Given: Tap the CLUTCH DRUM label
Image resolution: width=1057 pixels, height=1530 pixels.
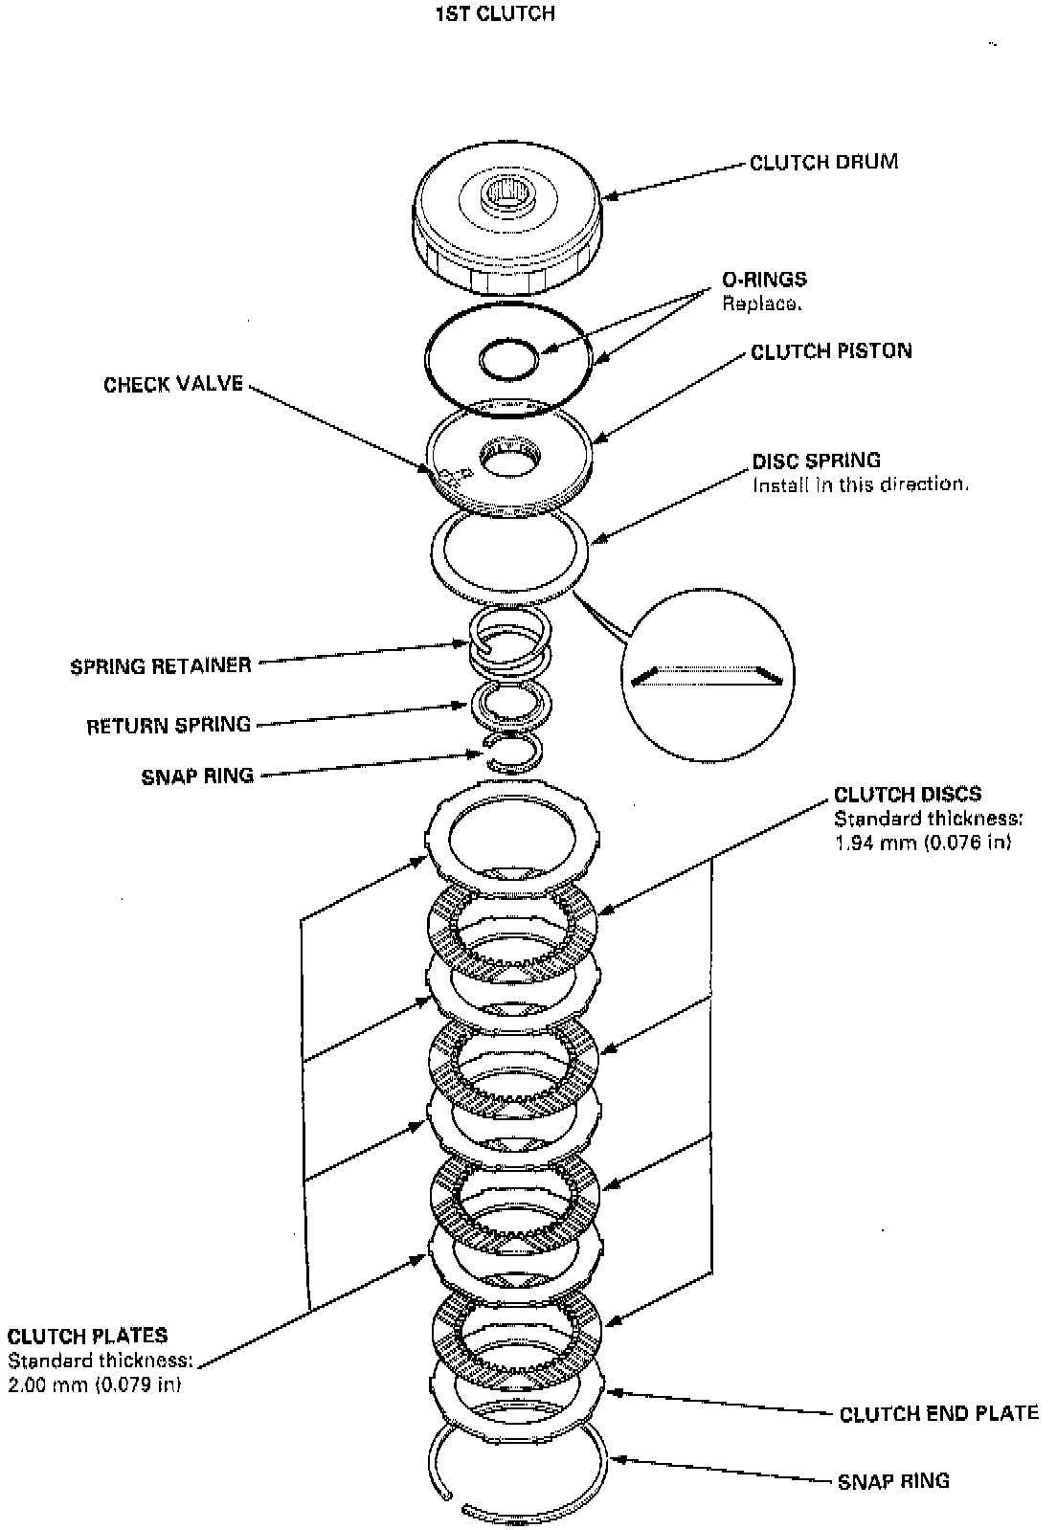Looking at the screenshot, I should [x=823, y=162].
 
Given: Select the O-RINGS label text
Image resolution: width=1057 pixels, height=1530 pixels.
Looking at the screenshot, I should [x=763, y=280].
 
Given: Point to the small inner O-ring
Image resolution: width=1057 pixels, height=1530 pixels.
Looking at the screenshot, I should [x=509, y=362].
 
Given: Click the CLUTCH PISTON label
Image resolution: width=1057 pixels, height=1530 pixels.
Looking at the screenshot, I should [x=831, y=351].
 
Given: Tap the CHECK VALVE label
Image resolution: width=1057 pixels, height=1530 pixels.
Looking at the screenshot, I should [x=173, y=385].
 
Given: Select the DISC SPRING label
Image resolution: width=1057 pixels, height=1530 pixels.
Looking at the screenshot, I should [x=816, y=461].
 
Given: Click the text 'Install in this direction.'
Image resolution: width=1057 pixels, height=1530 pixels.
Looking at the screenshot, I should [x=860, y=484].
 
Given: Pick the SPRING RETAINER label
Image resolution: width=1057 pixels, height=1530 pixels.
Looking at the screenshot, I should [x=161, y=665].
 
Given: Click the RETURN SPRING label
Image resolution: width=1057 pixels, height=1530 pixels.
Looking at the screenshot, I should [x=169, y=725].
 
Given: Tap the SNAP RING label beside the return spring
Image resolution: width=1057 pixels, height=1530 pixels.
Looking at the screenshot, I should [x=197, y=776].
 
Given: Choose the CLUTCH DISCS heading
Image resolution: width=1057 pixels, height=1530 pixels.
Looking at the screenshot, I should [x=907, y=794].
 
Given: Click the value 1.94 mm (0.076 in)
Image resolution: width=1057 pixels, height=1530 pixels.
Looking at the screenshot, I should [x=922, y=843].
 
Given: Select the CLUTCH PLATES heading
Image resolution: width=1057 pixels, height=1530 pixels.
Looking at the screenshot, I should [x=87, y=1336].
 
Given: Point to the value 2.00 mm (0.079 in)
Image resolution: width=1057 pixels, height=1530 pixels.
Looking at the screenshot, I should [x=95, y=1384].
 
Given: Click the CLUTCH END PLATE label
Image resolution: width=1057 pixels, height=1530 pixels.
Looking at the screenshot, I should [x=938, y=1413].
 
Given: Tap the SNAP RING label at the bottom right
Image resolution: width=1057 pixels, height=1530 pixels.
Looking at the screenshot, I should [x=893, y=1481].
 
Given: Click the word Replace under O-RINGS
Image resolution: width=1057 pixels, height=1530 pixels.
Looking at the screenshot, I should [x=761, y=304].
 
